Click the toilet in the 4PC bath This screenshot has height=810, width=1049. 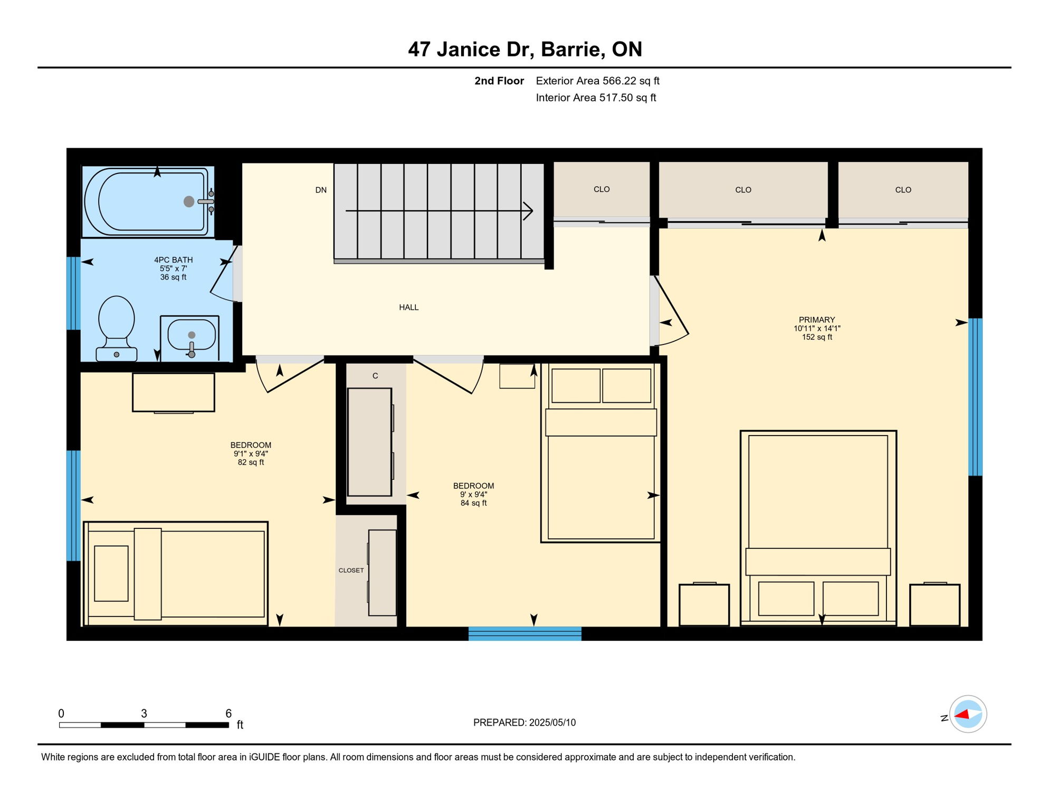click(x=117, y=327)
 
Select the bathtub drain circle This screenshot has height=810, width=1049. click(x=189, y=201)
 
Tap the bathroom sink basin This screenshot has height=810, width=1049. click(x=191, y=335)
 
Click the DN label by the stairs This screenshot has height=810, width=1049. click(x=321, y=190)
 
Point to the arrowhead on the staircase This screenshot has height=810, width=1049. click(x=528, y=211)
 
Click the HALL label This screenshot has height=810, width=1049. click(x=409, y=307)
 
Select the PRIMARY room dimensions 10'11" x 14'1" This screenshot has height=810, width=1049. click(x=817, y=328)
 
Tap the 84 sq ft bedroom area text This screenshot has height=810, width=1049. click(x=473, y=503)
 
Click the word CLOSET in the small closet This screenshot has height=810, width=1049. click(x=351, y=570)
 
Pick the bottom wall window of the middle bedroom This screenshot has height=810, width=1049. click(x=525, y=633)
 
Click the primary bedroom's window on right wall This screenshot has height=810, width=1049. click(x=975, y=397)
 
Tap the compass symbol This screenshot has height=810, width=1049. click(x=968, y=714)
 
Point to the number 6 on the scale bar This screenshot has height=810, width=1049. click(x=228, y=713)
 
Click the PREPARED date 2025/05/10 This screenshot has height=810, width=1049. click(x=552, y=722)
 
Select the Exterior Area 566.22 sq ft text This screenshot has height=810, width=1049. click(x=597, y=81)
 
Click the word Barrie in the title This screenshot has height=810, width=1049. click(x=573, y=49)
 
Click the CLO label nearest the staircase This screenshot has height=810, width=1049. click(x=602, y=189)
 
